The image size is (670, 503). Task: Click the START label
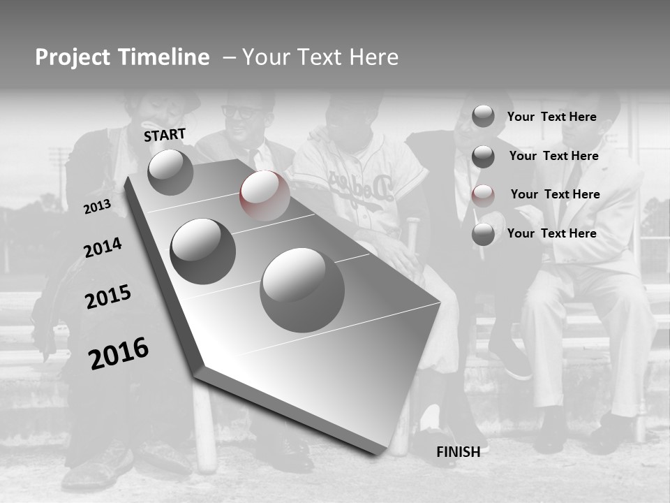click(165, 134)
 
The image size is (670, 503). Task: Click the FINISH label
click(459, 452)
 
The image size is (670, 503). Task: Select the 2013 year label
click(97, 207)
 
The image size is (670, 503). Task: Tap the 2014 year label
click(103, 248)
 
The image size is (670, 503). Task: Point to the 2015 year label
click(107, 297)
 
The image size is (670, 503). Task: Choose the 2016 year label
click(119, 353)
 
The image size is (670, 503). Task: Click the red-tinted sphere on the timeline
click(265, 196)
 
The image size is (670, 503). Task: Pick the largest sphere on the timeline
click(302, 290)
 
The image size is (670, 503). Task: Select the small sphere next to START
click(170, 172)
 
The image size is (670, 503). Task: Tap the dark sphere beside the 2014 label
click(202, 251)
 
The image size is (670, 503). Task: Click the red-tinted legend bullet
click(483, 196)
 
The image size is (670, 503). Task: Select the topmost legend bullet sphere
click(483, 116)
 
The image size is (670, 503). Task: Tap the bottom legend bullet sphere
click(483, 234)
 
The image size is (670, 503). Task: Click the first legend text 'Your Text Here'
click(551, 117)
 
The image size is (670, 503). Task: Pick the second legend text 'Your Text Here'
click(553, 156)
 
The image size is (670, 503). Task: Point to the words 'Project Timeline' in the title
click(122, 57)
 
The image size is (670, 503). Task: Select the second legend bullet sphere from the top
click(483, 156)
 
